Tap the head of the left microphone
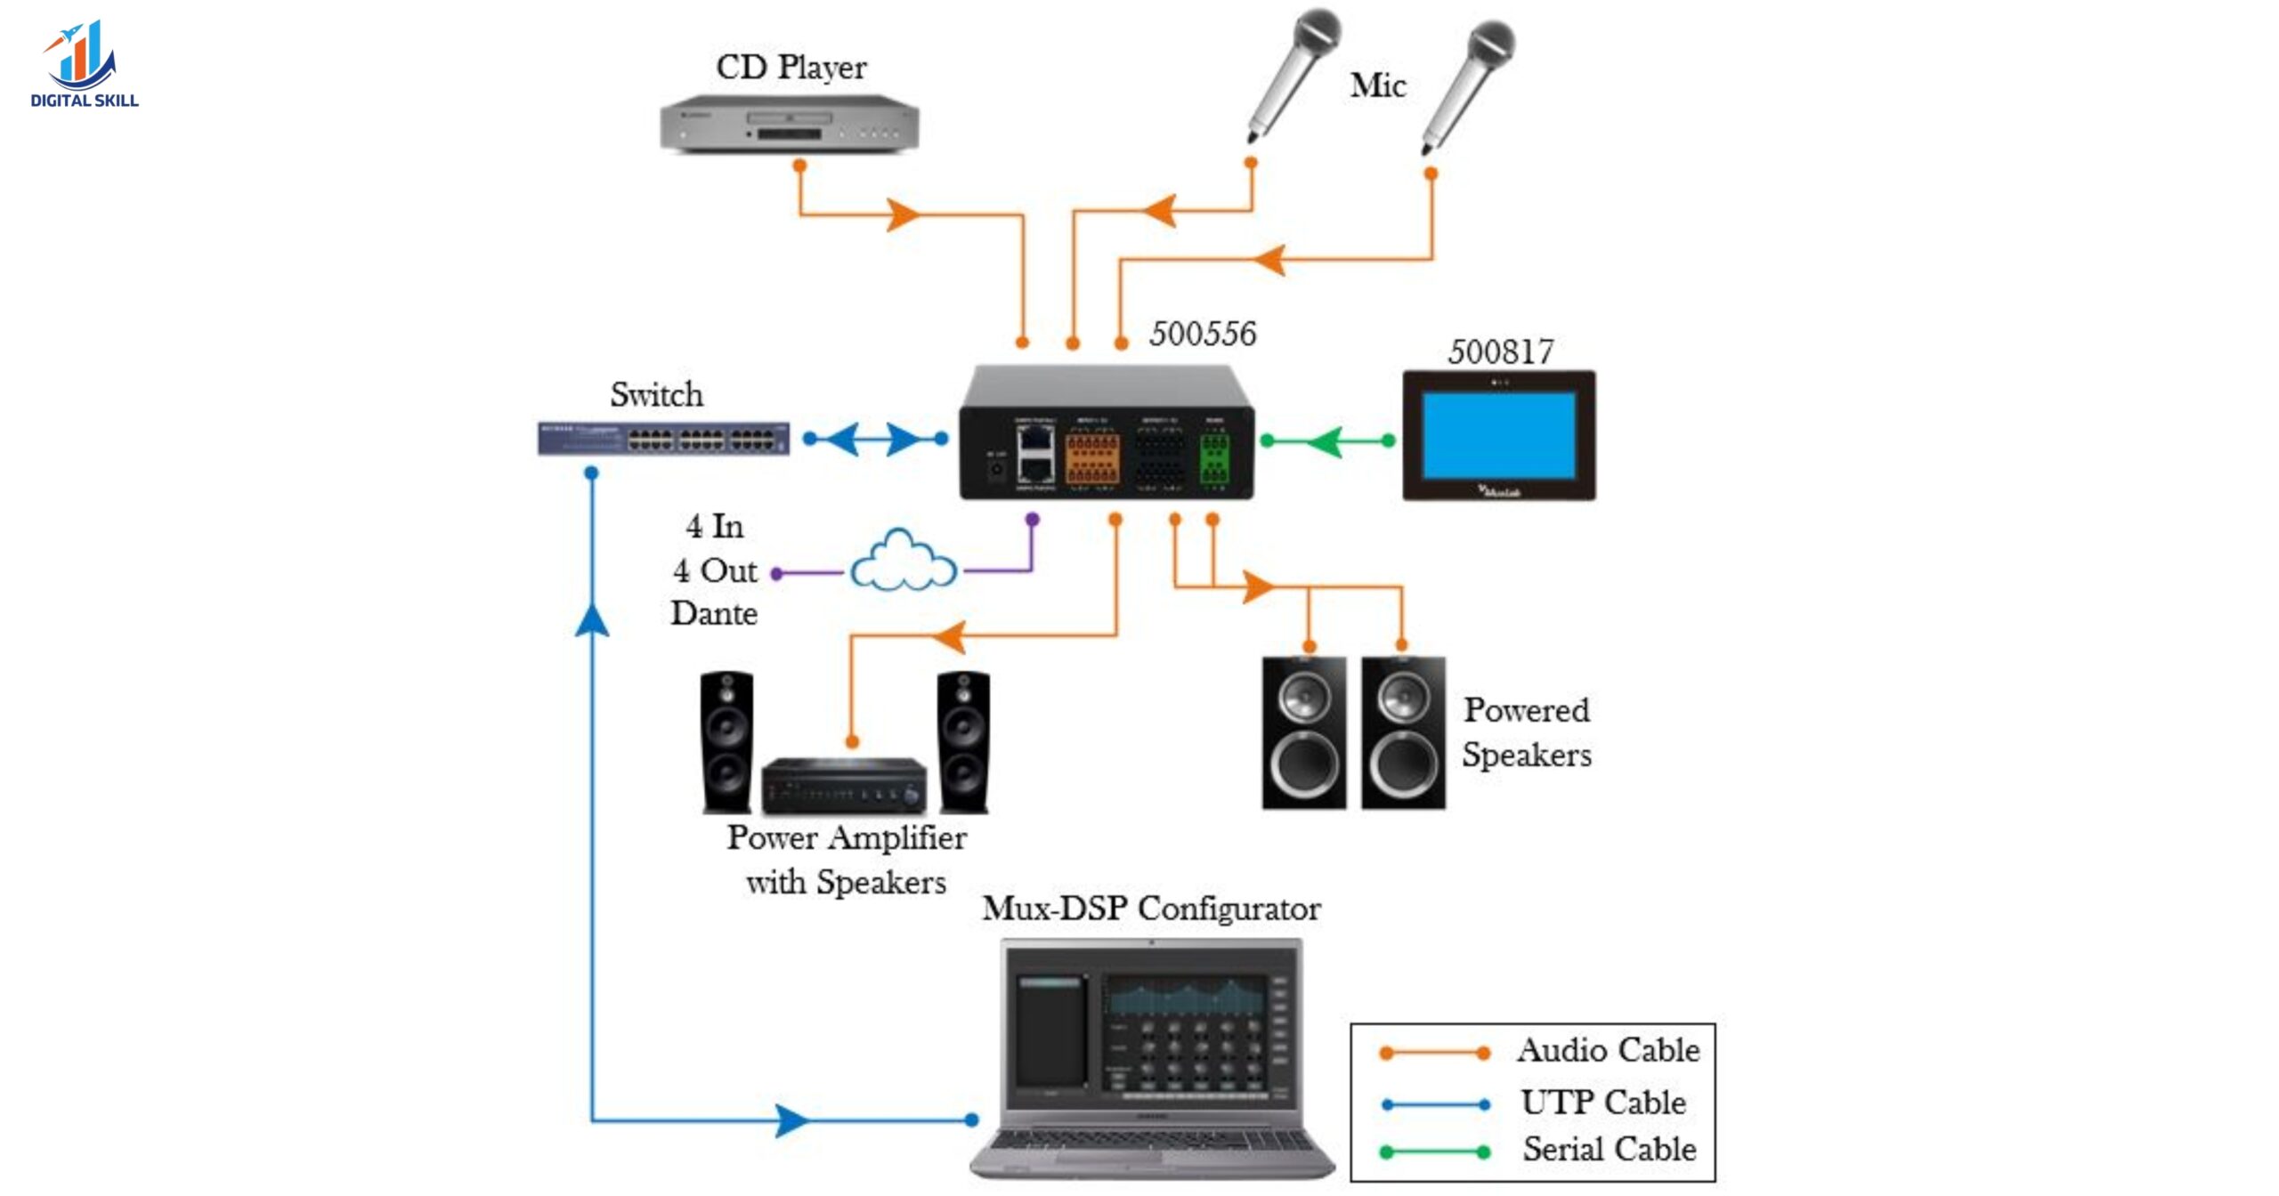(x=1317, y=32)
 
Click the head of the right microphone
(x=1491, y=43)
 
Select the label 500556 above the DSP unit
(x=1202, y=334)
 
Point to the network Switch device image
(x=663, y=439)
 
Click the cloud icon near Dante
(x=903, y=562)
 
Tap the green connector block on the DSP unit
(x=1213, y=458)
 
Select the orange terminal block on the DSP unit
(x=1092, y=458)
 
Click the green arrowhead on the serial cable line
(x=1326, y=441)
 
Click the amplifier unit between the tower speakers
(x=843, y=786)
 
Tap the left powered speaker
(x=1304, y=733)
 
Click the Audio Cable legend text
(x=1608, y=1051)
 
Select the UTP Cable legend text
(x=1602, y=1103)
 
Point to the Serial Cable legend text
(x=1609, y=1150)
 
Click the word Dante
(x=714, y=614)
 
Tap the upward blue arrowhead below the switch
(x=592, y=620)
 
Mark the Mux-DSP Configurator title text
(x=1151, y=909)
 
